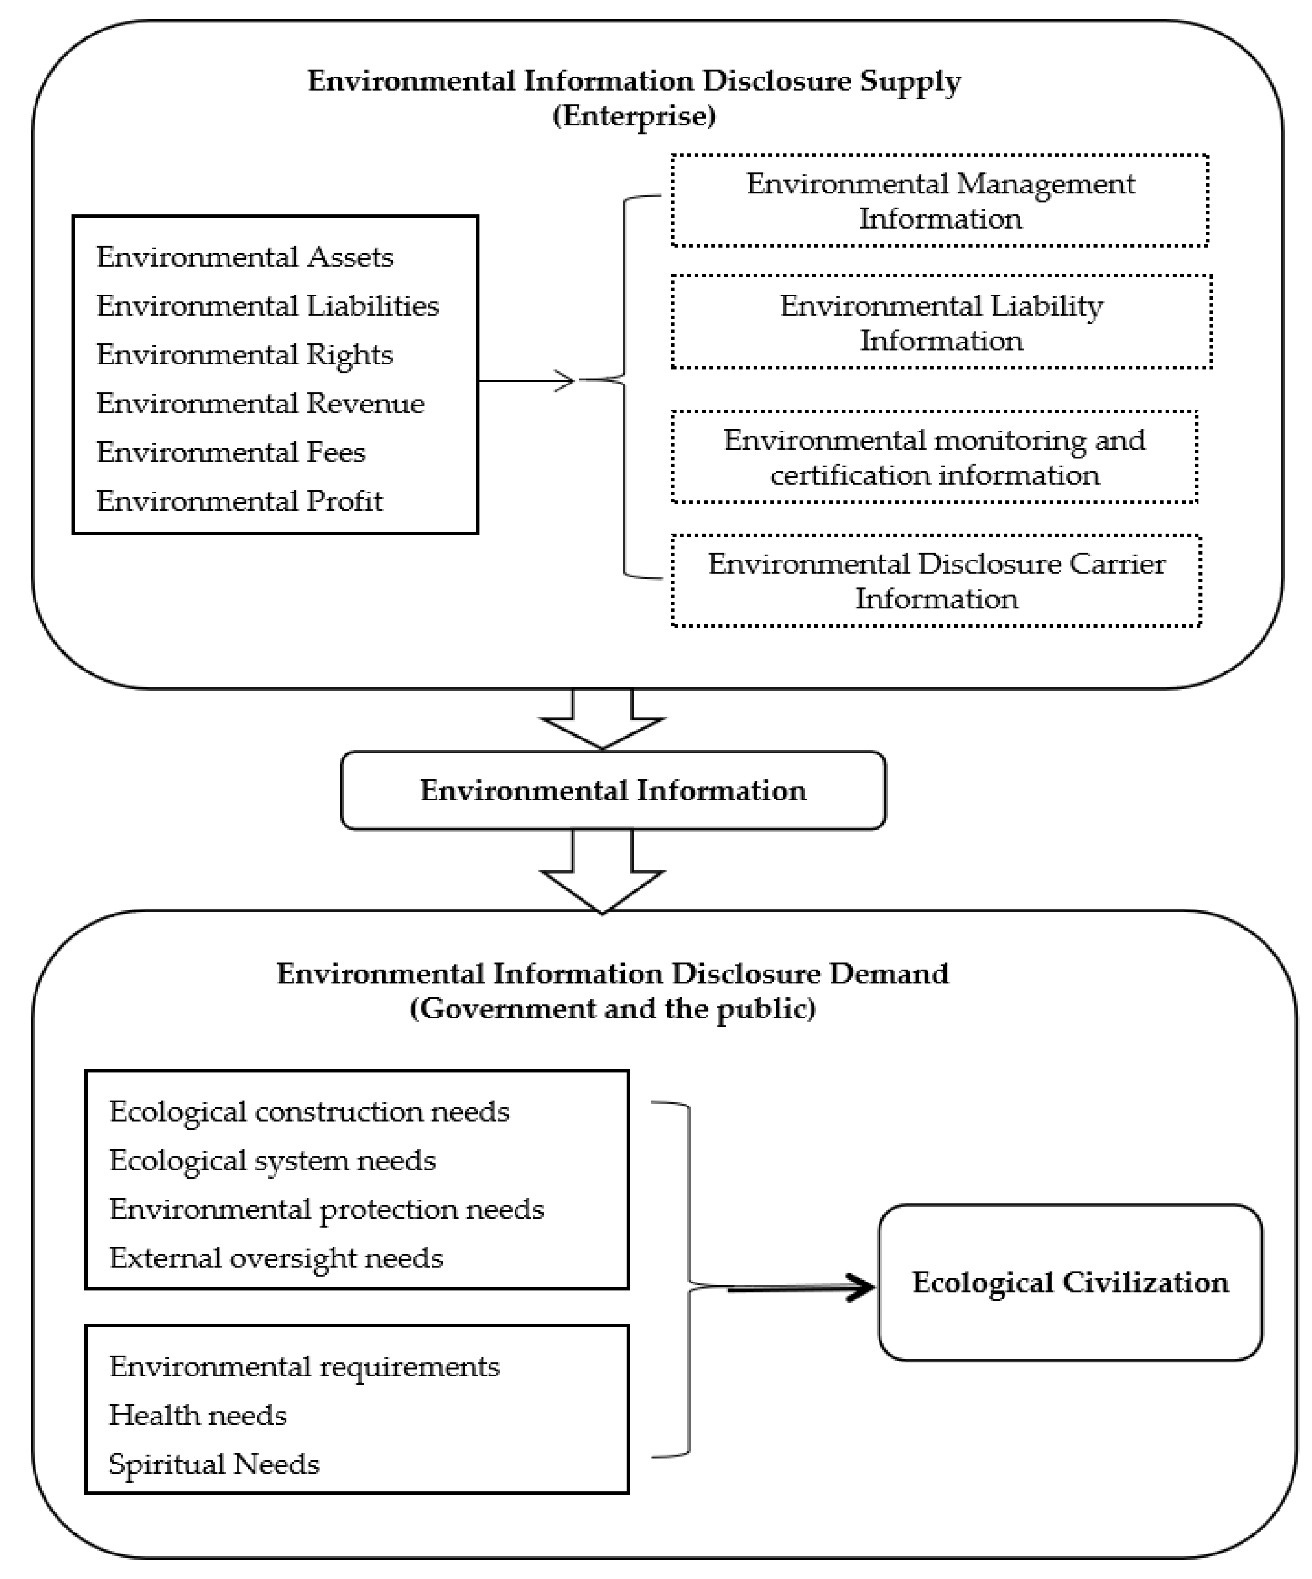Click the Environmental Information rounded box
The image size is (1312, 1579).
click(613, 790)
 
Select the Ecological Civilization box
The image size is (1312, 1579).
click(1070, 1283)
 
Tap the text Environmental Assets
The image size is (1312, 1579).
click(245, 257)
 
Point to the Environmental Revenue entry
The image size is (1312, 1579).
click(260, 404)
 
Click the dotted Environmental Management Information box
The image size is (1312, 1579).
click(940, 201)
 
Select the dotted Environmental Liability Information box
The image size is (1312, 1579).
click(941, 322)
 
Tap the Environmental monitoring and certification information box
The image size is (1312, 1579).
click(934, 457)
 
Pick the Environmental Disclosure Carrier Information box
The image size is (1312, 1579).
click(936, 581)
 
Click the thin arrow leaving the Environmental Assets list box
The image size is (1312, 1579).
click(526, 381)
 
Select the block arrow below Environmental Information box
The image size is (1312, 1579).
click(602, 872)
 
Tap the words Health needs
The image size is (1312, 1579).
click(198, 1416)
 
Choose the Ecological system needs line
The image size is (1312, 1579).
click(272, 1161)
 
